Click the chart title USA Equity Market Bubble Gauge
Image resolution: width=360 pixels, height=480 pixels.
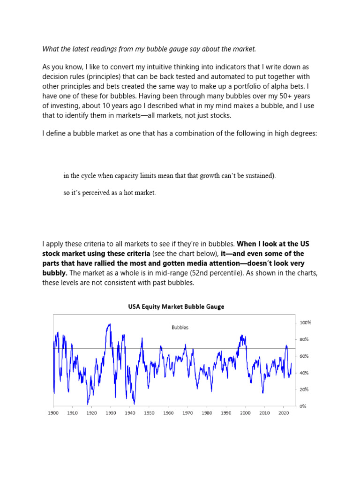coord(176,307)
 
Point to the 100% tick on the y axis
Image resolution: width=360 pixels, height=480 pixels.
coord(305,322)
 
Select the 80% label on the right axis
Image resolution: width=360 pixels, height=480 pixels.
coord(304,339)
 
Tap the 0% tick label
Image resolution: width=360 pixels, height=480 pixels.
coord(303,406)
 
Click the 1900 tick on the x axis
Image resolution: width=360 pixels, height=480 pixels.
coord(53,413)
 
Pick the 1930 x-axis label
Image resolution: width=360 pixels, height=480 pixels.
coord(111,413)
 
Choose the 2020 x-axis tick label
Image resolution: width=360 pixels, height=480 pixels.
coord(283,413)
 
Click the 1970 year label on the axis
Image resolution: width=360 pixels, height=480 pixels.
coord(187,413)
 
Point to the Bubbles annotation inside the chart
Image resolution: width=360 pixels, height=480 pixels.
coord(180,328)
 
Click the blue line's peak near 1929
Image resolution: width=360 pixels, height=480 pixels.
coord(110,324)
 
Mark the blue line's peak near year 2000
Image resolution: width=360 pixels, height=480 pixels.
coord(241,335)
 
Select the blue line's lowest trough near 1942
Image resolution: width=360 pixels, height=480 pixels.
coord(134,403)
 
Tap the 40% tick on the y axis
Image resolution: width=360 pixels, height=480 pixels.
coord(304,373)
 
